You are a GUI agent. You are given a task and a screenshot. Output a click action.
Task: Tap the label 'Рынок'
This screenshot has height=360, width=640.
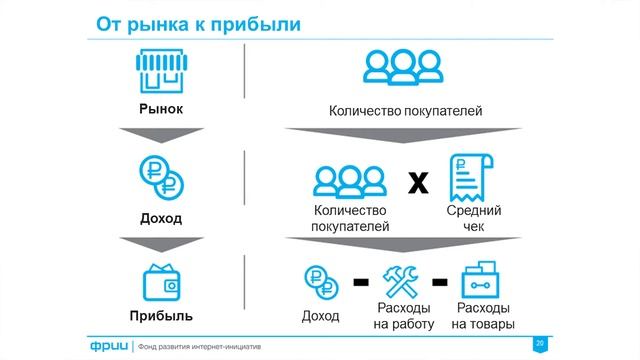tap(160, 108)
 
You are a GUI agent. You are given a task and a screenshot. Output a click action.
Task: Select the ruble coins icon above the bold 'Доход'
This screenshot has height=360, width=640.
tap(161, 178)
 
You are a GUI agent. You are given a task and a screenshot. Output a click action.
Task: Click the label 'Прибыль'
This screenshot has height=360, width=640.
tap(161, 316)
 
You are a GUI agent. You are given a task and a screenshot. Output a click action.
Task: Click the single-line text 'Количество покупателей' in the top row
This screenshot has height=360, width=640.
tap(406, 110)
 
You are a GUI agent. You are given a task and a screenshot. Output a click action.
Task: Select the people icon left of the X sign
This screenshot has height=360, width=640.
tap(351, 179)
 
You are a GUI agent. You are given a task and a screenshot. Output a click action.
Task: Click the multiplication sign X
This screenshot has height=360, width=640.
tap(418, 182)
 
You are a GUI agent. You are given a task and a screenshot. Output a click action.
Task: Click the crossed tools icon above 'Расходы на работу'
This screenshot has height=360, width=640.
tap(403, 281)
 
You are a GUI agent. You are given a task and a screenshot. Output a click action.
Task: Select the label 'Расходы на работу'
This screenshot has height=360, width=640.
tap(403, 316)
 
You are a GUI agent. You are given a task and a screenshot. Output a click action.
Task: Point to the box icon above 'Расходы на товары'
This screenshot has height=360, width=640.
tap(483, 280)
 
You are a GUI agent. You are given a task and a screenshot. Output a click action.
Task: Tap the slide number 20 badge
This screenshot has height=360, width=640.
tap(541, 343)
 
